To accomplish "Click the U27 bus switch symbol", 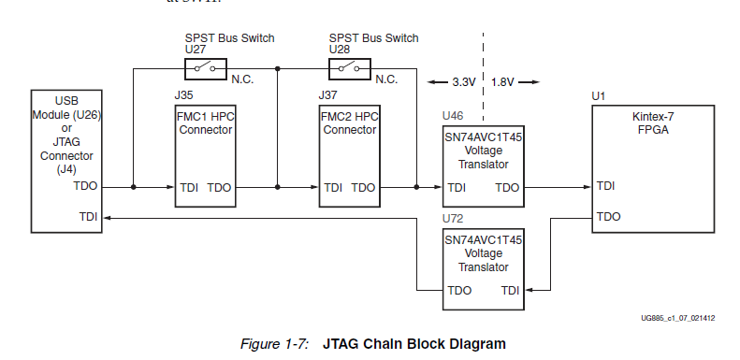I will (x=206, y=68).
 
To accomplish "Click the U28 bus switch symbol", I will (x=350, y=68).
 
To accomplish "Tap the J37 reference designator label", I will (x=327, y=94).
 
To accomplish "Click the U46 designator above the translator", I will (x=454, y=117).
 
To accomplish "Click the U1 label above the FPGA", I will (x=599, y=95).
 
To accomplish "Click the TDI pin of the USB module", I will (x=88, y=217).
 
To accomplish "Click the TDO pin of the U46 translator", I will (x=507, y=188).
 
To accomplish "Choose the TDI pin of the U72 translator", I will (x=511, y=291).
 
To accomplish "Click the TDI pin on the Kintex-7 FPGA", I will (x=606, y=187).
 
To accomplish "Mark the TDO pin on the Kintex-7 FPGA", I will (x=609, y=216).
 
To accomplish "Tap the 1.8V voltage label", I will (x=503, y=82).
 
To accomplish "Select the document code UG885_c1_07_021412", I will (x=677, y=319).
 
